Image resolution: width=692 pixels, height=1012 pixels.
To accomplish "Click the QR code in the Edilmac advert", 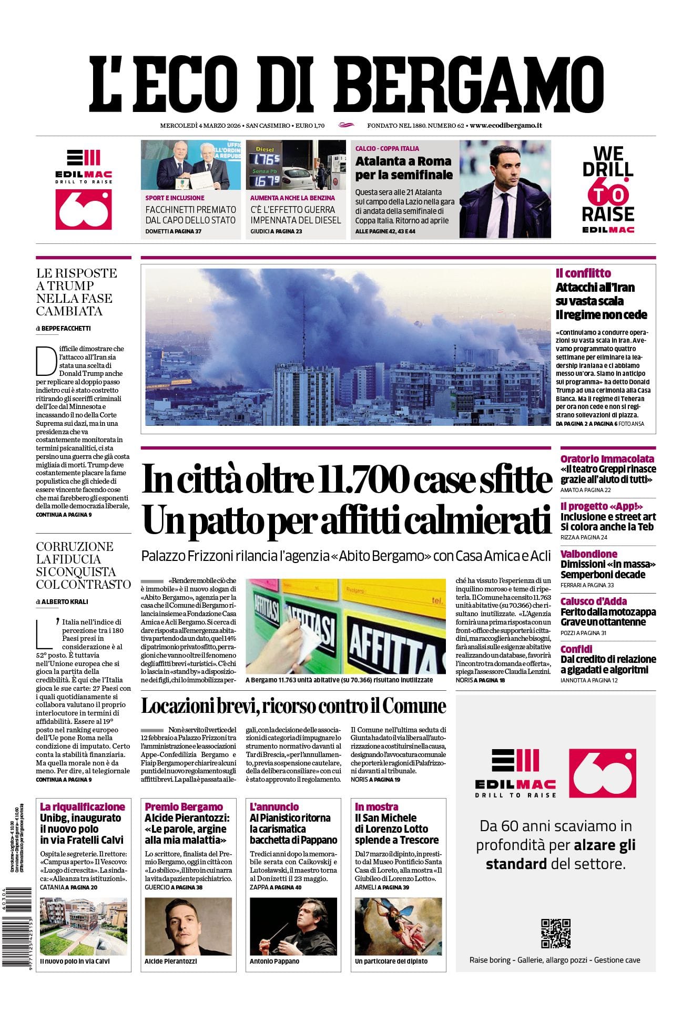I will [x=555, y=933].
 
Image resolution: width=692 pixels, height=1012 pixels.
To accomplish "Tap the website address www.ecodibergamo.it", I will [x=506, y=126].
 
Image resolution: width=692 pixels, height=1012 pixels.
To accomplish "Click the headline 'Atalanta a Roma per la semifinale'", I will [x=403, y=168].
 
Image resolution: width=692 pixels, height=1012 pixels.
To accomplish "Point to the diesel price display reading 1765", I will [x=267, y=159].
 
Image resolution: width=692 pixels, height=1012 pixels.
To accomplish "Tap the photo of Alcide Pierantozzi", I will [x=188, y=926].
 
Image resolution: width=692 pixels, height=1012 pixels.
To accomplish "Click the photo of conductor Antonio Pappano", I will [x=293, y=926].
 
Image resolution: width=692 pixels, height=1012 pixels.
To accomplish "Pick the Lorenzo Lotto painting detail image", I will [x=398, y=926].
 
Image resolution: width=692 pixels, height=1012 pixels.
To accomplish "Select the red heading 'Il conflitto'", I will [x=583, y=273].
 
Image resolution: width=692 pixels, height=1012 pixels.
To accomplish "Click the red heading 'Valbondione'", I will [x=588, y=554].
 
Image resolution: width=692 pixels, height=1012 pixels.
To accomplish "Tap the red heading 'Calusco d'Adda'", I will [x=593, y=601].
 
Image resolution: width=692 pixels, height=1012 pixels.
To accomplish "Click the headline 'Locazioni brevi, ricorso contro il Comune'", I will [x=293, y=706].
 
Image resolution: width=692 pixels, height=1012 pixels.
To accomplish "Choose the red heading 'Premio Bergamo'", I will [x=184, y=807].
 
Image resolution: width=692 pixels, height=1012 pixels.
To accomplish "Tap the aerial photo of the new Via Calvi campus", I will [x=84, y=926].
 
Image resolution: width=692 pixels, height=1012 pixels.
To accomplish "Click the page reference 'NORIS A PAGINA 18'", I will [x=480, y=680].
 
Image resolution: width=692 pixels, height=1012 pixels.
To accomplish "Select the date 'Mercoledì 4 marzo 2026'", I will [x=200, y=126].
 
